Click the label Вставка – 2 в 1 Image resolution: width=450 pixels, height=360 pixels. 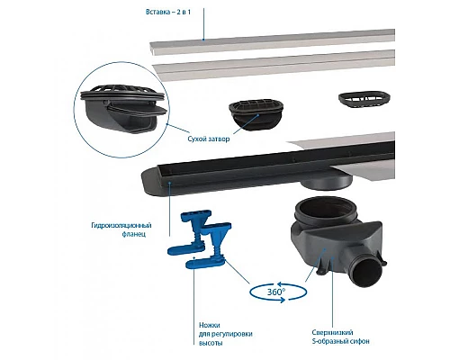click(168, 13)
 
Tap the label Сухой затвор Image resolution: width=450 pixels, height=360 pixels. click(209, 139)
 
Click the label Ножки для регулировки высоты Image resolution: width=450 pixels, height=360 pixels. click(226, 334)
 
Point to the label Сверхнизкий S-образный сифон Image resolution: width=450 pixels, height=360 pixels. click(340, 337)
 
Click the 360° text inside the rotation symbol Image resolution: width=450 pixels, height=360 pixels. click(276, 292)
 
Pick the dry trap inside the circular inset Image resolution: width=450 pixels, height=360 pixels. click(123, 110)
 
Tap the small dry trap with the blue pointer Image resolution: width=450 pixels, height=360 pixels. click(256, 116)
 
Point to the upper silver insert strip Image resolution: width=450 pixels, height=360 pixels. click(272, 42)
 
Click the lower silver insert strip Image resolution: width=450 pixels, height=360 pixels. click(274, 66)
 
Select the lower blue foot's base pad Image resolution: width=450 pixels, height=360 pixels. click(204, 264)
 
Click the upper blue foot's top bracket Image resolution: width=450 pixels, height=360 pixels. click(196, 215)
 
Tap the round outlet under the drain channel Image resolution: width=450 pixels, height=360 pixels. click(327, 183)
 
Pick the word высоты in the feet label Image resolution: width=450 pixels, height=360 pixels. click(211, 343)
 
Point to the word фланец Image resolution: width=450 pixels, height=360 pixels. click(134, 234)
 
